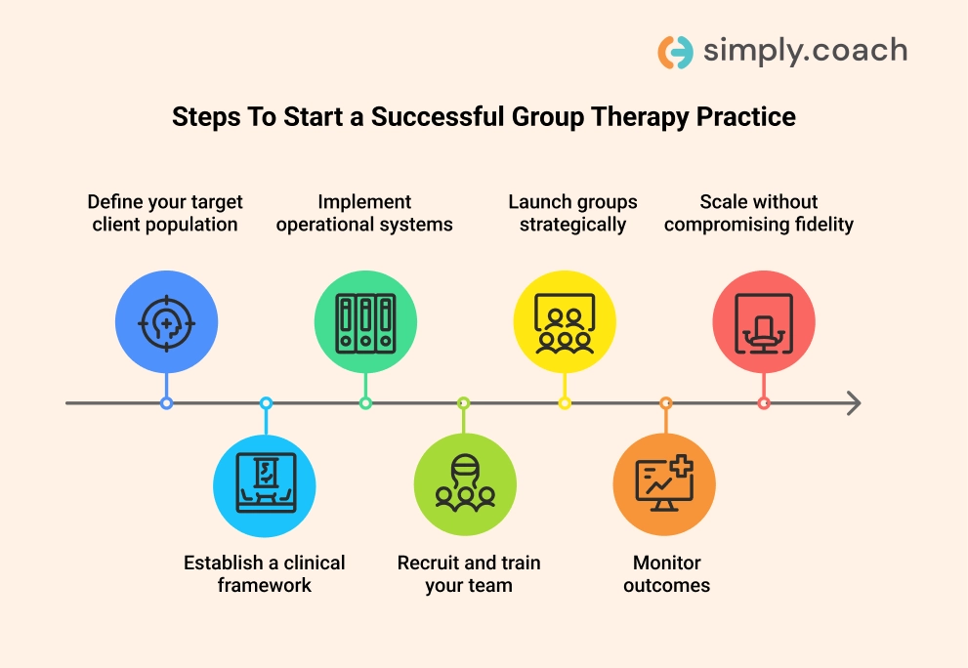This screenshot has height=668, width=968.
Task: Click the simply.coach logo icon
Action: pyautogui.click(x=675, y=52)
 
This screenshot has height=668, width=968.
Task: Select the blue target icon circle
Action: pyautogui.click(x=166, y=321)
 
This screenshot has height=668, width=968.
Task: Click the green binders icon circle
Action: pyautogui.click(x=365, y=321)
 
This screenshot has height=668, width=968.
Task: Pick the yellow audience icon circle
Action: pyautogui.click(x=565, y=321)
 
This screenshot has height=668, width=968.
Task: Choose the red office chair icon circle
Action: pyautogui.click(x=764, y=321)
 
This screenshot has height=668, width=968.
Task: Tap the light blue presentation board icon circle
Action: pyautogui.click(x=265, y=485)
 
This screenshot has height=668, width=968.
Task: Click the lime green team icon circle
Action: pyautogui.click(x=465, y=485)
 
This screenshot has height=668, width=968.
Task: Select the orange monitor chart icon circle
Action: pyautogui.click(x=664, y=485)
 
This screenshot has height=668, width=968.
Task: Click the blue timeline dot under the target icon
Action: pyautogui.click(x=166, y=402)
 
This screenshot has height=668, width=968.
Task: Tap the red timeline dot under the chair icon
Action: pyautogui.click(x=764, y=402)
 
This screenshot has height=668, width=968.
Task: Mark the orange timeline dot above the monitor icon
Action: pyautogui.click(x=665, y=402)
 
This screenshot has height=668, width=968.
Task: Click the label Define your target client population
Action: pyautogui.click(x=165, y=213)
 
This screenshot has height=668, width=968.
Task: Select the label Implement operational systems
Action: pyautogui.click(x=364, y=213)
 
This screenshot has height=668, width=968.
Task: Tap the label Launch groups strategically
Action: pyautogui.click(x=572, y=213)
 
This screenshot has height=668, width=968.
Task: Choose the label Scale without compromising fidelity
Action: pyautogui.click(x=759, y=213)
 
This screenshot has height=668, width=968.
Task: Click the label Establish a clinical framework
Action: pyautogui.click(x=265, y=573)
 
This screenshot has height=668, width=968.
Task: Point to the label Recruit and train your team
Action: pyautogui.click(x=469, y=573)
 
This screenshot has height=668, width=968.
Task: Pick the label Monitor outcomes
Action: pyautogui.click(x=666, y=573)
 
